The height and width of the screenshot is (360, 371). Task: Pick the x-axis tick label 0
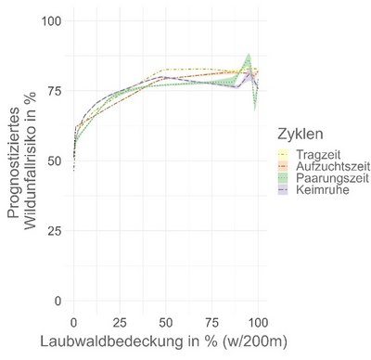73,321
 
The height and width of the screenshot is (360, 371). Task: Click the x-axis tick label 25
119,321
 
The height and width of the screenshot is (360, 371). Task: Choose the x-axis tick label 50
165,321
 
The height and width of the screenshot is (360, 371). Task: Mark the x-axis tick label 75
211,321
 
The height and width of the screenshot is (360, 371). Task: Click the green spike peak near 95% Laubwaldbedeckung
249,56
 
